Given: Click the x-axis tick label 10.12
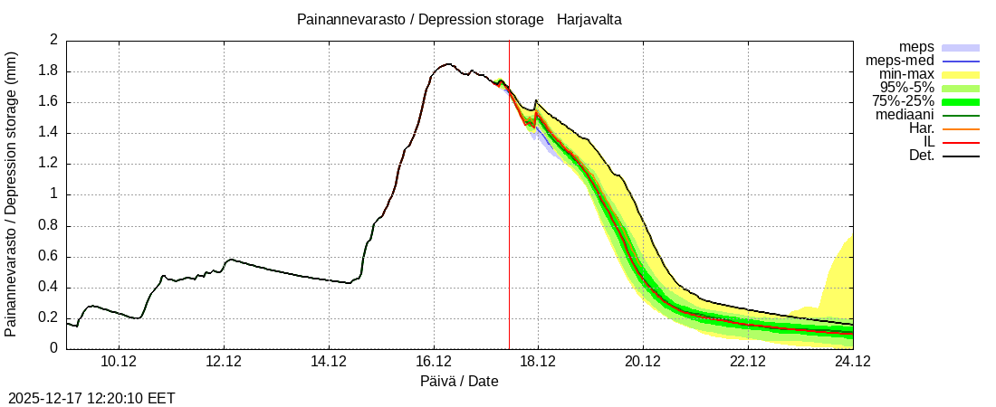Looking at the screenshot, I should coord(119,362).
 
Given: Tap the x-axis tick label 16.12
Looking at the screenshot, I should coord(434,362).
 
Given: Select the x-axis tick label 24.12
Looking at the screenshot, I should coord(852,362).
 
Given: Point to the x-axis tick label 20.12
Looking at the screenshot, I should coord(643,362).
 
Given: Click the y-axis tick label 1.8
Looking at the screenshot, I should coord(48,71).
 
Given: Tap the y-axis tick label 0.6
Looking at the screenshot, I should coord(48,256).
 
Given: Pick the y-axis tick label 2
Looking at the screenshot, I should coord(53,41).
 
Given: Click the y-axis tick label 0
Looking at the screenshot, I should coord(53,348).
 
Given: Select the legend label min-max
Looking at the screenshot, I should coord(906,74).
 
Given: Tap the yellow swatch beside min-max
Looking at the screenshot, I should coord(961,74).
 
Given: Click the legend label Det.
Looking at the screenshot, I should coord(921,156).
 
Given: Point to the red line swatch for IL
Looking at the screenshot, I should coord(961,142).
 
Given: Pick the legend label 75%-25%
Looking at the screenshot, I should coord(902,101).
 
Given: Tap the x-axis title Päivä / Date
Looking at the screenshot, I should coord(459,381).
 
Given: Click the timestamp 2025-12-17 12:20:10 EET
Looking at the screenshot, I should coord(91,398).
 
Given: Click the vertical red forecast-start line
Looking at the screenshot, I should coord(509,226).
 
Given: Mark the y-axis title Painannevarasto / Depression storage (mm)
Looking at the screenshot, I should coord(12,194).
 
